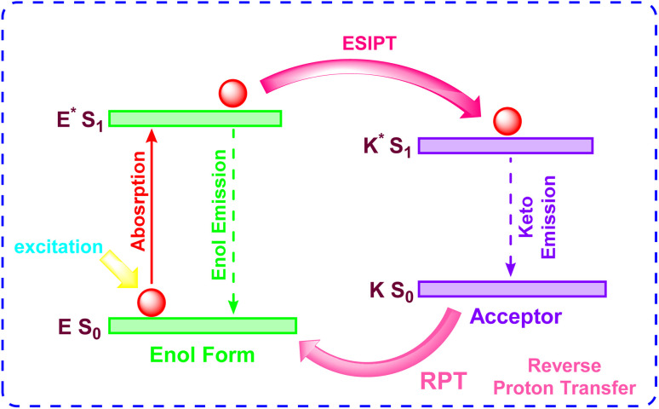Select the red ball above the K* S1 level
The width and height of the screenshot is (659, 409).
(502, 120)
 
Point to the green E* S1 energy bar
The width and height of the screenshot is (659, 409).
(195, 118)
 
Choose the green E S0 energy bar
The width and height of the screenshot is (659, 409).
(202, 325)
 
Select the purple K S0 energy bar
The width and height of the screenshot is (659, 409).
(512, 289)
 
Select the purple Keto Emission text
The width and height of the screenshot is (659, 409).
(539, 216)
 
